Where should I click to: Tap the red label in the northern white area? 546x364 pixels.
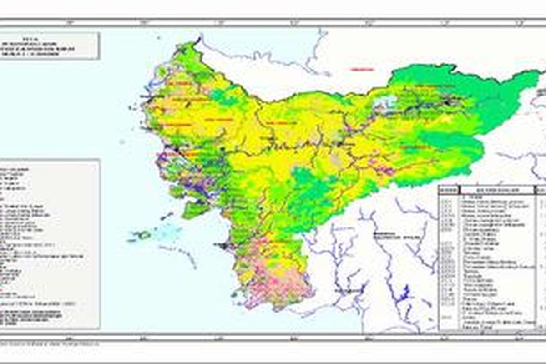click(362, 69)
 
